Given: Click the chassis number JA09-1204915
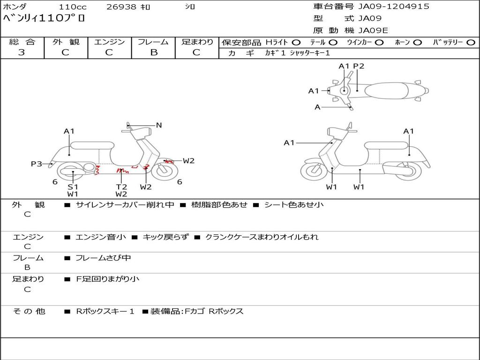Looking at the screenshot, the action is pos(394,7).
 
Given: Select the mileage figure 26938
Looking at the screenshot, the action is pos(121,7).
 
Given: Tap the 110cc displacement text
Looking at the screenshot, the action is pos(73,7).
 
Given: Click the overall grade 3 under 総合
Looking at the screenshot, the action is pos(22,52).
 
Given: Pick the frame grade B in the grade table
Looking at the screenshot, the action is pos(154,52).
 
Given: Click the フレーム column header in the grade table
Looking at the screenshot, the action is pos(153,42).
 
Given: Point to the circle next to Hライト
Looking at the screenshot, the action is pos(296,43).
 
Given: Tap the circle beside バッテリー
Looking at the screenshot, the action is pos(471,43).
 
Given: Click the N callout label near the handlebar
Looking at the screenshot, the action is pos(158,125).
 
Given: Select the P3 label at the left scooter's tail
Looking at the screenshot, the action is pos(37,164).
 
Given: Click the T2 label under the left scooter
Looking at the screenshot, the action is pos(121,187).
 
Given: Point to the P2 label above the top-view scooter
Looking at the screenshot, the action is pos(359,66).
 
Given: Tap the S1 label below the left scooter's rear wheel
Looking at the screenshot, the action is pos(73,187).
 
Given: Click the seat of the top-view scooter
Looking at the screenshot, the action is pos(386,90).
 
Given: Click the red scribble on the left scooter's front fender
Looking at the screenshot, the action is pos(169,161).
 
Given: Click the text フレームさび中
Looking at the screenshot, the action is pos(103,258).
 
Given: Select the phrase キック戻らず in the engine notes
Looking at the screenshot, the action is pos(165,237).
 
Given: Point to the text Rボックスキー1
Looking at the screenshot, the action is pos(105,311).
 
